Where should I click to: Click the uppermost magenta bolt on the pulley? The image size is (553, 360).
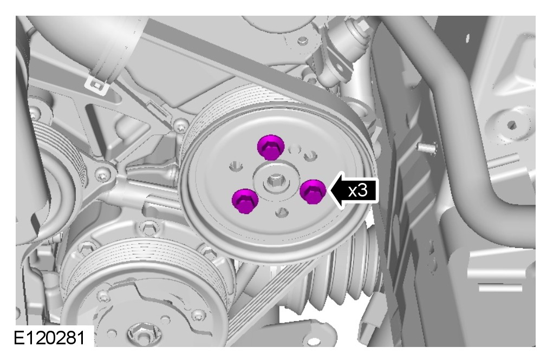[271, 147]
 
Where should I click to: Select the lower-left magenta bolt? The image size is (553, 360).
[245, 200]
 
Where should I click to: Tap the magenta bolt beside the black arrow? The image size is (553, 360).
[313, 191]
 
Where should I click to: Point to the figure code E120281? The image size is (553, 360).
[49, 338]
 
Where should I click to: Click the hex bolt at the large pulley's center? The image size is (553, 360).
[274, 181]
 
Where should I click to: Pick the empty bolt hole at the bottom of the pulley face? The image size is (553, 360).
[281, 212]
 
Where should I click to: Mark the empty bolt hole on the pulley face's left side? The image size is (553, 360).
[236, 165]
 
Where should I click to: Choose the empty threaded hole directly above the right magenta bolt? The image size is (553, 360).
[310, 155]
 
